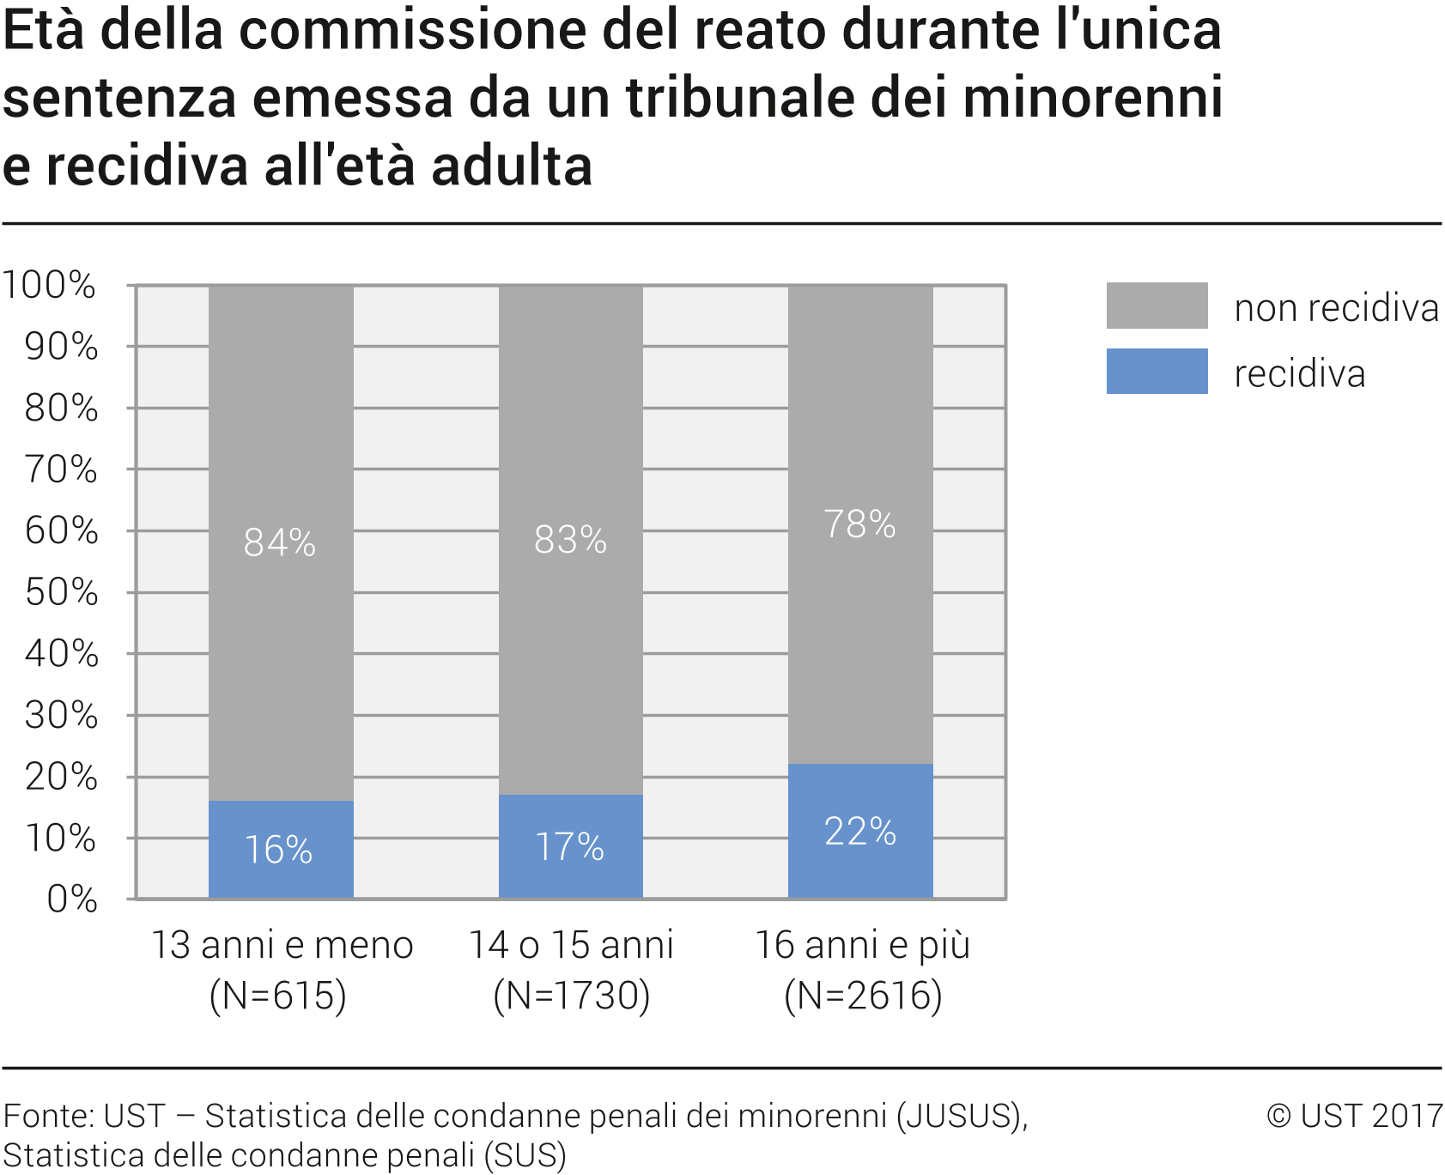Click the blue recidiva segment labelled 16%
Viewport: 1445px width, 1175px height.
[281, 850]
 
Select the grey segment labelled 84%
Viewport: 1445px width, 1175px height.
[281, 542]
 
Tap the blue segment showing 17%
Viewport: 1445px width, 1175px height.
[570, 846]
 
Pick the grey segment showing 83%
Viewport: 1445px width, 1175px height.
[570, 540]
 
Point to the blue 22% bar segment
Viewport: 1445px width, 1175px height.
[860, 831]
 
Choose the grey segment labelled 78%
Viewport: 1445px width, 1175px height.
[860, 524]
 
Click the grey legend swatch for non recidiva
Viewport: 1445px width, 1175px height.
[1157, 306]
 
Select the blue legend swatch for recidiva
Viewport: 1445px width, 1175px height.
[1157, 371]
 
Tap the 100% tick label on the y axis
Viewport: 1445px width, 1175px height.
[49, 285]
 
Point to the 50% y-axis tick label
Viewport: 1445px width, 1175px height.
[61, 592]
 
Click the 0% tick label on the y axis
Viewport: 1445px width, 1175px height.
[72, 899]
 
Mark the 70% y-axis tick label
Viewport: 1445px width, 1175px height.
[61, 469]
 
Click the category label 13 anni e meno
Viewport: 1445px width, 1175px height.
[282, 945]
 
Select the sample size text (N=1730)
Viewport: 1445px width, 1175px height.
[572, 996]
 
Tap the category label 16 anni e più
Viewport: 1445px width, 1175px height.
[862, 945]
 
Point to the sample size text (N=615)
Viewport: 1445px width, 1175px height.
[278, 996]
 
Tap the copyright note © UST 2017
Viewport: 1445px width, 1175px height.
[1354, 1116]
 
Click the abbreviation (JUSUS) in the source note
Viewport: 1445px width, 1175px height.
[960, 1116]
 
